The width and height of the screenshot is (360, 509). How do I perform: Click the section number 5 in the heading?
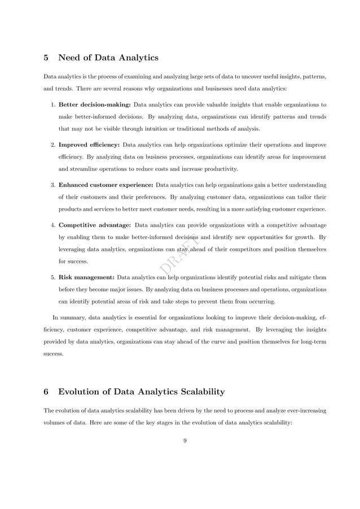click(46, 58)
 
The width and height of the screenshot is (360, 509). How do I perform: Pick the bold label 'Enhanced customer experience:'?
click(106, 185)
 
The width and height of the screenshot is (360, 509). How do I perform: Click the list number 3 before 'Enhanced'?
click(52, 185)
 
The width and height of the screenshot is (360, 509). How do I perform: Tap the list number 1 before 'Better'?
click(52, 104)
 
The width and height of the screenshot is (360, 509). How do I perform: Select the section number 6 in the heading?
click(46, 392)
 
